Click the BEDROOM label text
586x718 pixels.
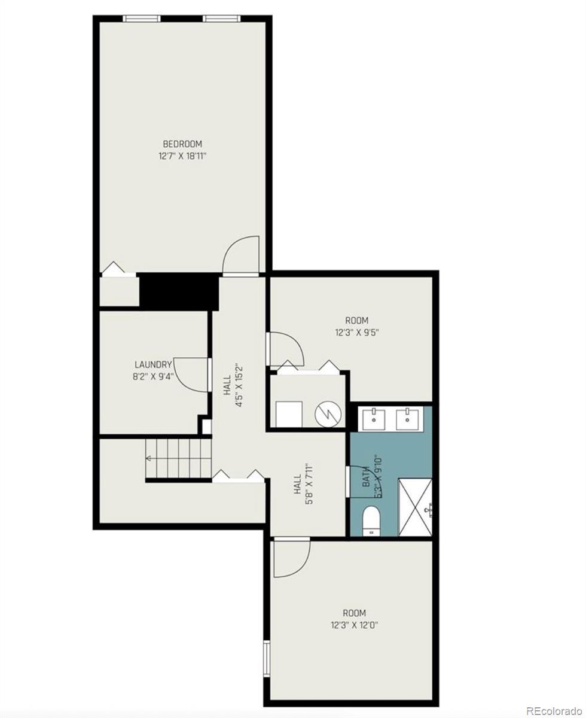(182, 144)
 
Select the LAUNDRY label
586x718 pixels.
(153, 364)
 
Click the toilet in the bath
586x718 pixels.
(371, 520)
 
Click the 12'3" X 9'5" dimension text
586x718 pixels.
(356, 333)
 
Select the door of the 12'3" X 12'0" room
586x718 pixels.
(292, 558)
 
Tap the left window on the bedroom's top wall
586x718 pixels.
(142, 19)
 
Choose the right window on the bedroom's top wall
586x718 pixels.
(221, 19)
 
